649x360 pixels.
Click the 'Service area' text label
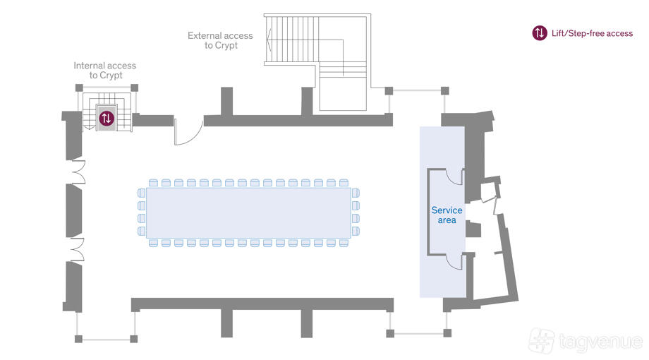(x=447, y=215)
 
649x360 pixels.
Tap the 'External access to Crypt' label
(x=220, y=40)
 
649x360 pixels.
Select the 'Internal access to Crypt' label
(x=104, y=71)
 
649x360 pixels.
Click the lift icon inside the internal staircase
(x=107, y=119)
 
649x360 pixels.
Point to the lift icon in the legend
(x=540, y=33)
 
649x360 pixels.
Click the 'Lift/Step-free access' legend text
(x=593, y=34)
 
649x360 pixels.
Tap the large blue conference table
(x=248, y=213)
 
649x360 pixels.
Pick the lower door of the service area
(x=454, y=261)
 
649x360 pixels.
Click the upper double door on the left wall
(x=78, y=172)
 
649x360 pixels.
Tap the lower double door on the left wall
(x=78, y=250)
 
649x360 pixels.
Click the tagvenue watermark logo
(x=586, y=341)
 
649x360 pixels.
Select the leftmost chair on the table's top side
(x=153, y=183)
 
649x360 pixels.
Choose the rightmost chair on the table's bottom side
(x=344, y=243)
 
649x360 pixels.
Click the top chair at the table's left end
(x=142, y=193)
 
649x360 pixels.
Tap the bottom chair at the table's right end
(x=356, y=231)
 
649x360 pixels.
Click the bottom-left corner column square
(x=78, y=339)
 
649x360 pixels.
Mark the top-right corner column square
(x=445, y=91)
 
